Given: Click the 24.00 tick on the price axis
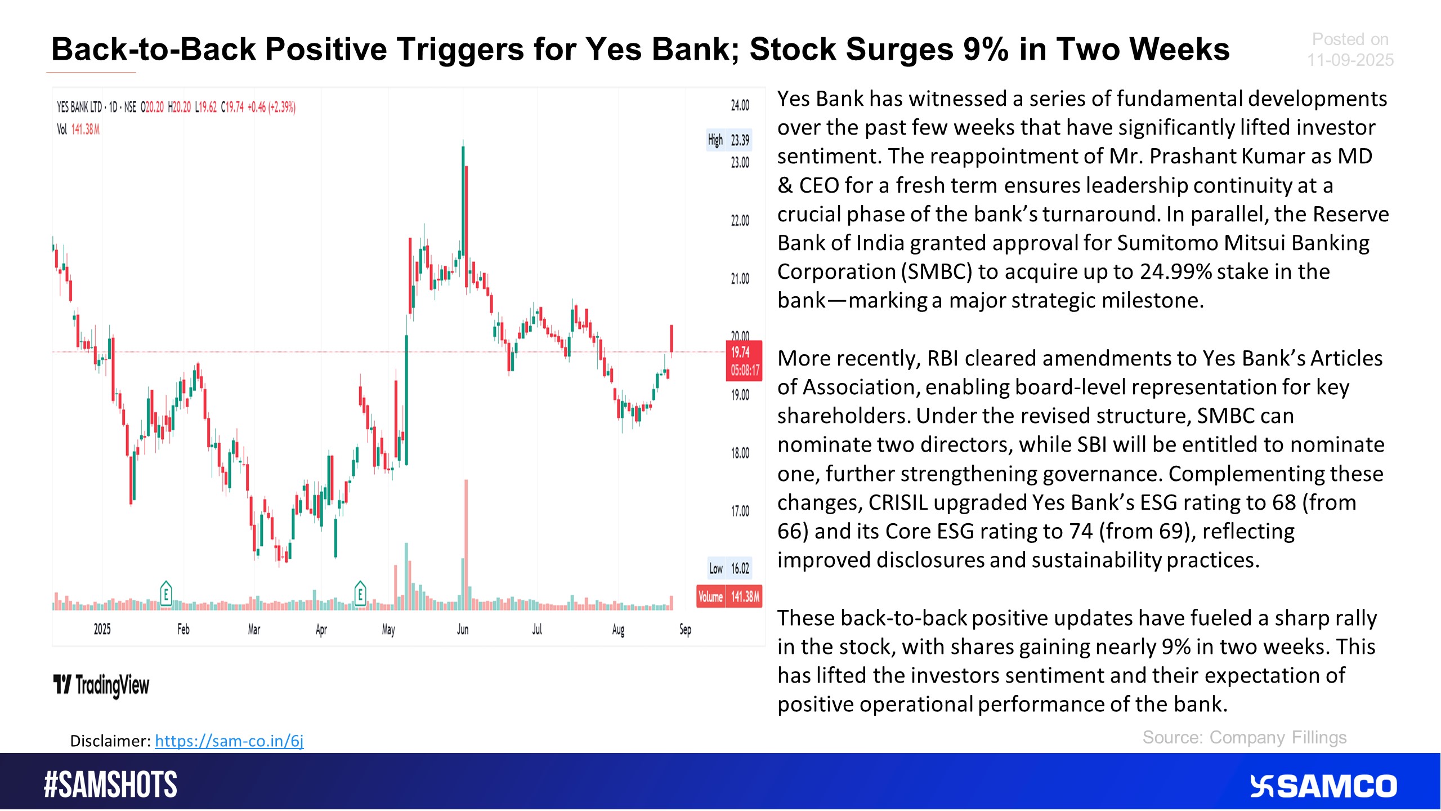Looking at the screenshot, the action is pos(740,105).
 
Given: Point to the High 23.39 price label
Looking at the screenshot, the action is pos(729,140).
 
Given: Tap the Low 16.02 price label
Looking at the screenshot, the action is pos(729,568).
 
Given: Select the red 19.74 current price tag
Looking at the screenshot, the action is pos(744,361).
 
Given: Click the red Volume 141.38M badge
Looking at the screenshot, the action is pos(729,596).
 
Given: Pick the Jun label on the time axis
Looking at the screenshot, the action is pos(463,629).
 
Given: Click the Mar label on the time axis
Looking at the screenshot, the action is pos(254,629).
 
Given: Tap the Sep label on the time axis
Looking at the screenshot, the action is pos(685,629).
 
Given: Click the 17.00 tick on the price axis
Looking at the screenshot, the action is pos(740,511).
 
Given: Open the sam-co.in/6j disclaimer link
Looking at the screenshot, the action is pos(229,741).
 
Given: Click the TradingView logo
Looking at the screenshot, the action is pos(101,685).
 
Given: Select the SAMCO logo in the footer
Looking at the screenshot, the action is pos(1323,786).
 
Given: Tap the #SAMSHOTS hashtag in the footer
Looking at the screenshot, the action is pos(110,785).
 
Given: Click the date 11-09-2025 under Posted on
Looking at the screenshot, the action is pos(1350,60).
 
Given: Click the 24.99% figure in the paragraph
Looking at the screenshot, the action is pos(1176,271).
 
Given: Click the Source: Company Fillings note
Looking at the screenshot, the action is pos(1245,737).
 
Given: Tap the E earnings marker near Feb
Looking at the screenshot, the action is pos(165,593).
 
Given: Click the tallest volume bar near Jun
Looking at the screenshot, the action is pos(466,545).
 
